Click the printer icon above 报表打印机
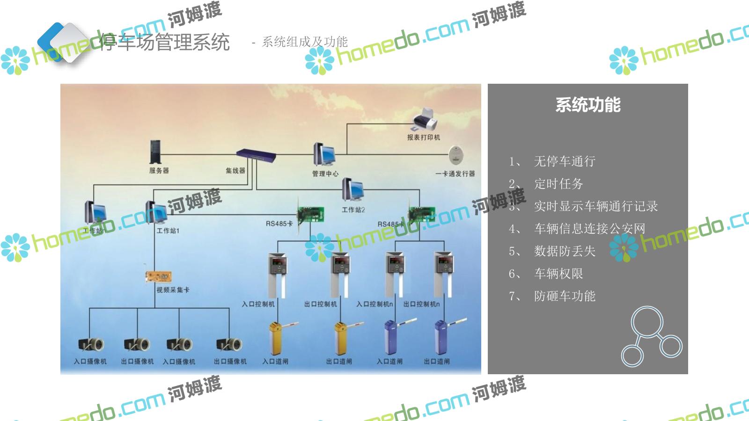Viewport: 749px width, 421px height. pos(425,120)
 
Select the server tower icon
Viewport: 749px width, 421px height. pos(155,152)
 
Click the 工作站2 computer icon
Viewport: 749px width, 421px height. pos(353,191)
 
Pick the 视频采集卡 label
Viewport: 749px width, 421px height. pos(173,290)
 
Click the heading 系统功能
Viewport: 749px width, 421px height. pos(587,105)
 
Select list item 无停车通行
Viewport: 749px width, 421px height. pos(565,161)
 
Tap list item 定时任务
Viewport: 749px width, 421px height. pos(558,184)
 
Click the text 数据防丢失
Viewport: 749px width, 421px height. pos(565,251)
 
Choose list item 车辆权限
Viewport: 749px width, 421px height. pos(558,274)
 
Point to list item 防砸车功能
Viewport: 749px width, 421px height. pos(565,296)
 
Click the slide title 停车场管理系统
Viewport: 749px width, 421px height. pos(164,42)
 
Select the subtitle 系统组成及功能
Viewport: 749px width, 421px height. pos(305,42)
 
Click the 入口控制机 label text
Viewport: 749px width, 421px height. pos(258,304)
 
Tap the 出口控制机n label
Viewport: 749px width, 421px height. pos(421,304)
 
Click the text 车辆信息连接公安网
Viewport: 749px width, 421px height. pos(590,229)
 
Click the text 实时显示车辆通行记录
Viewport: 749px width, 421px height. pos(596,206)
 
